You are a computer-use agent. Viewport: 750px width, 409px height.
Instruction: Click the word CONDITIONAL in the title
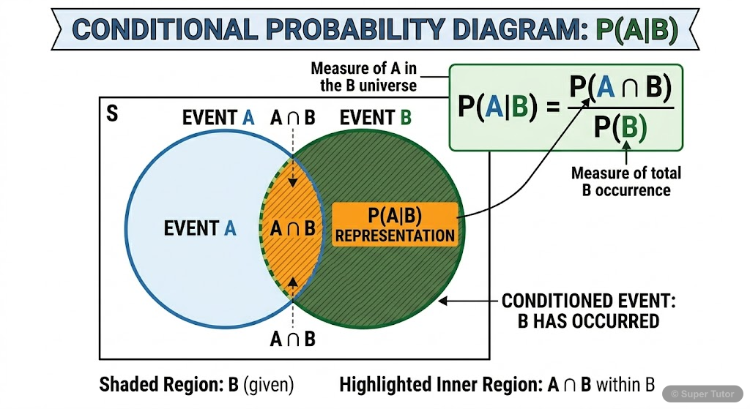[x=166, y=29]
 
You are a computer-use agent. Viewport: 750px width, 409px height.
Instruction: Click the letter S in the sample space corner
[x=112, y=115]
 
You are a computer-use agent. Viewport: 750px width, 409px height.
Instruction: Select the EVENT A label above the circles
[x=218, y=118]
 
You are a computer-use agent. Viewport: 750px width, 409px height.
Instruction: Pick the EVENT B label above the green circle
[x=376, y=118]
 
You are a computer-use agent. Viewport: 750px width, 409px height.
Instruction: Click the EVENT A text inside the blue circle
[x=200, y=228]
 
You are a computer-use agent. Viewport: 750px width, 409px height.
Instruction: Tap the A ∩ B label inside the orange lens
[x=293, y=229]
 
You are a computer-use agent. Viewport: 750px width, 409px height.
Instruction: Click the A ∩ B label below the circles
[x=293, y=339]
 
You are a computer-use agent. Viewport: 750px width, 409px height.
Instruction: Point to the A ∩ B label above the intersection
[x=293, y=118]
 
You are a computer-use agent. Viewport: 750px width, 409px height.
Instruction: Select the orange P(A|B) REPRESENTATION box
[x=396, y=224]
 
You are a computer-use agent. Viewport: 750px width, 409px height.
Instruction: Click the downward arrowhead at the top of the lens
[x=293, y=183]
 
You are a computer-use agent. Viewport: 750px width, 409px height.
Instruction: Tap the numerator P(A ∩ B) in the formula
[x=620, y=89]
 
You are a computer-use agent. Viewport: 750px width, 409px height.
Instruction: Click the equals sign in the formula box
[x=552, y=108]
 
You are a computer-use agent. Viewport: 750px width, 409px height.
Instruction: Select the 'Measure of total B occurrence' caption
[x=625, y=181]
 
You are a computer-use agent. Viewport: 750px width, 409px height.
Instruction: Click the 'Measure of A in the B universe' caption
[x=363, y=77]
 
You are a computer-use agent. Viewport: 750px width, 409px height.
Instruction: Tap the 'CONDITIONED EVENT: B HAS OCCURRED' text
[x=579, y=311]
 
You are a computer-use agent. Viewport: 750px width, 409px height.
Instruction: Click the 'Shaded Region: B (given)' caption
[x=196, y=384]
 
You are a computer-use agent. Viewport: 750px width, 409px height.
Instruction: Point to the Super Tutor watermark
[x=703, y=394]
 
